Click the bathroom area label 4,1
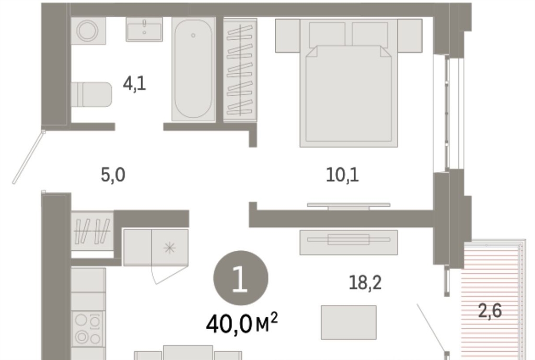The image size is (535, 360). tap(135, 84)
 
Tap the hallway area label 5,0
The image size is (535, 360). tap(113, 175)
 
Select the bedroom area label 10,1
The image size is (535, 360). tap(342, 176)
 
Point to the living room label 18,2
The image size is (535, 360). tap(365, 283)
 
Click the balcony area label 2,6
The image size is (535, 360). tap(490, 311)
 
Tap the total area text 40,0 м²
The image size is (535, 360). tap(241, 324)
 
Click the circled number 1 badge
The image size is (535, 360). tap(240, 278)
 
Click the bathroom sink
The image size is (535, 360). tap(144, 29)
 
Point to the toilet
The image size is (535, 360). tap(91, 95)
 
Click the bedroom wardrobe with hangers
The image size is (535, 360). tap(240, 70)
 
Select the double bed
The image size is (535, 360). tap(348, 83)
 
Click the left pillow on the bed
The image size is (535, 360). tap(327, 34)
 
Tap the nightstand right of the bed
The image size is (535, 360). tap(410, 36)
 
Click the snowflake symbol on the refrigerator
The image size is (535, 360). tap(170, 247)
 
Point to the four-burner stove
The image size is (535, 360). tap(88, 329)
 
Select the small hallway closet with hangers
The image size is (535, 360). tap(92, 231)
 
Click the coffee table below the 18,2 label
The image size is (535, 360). tap(348, 322)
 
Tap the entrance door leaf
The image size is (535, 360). tap(29, 157)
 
